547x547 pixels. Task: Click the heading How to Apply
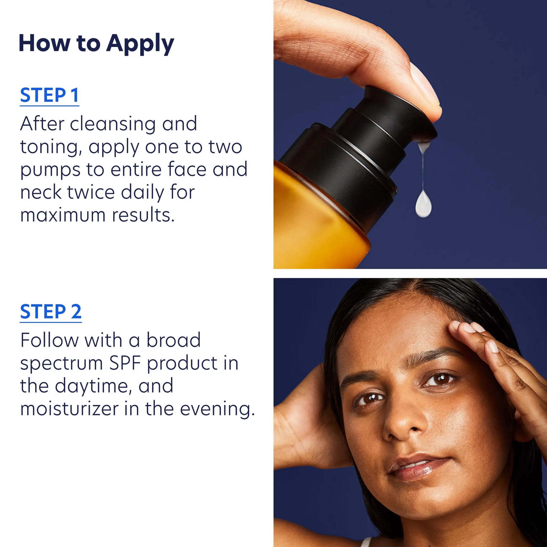pos(96,43)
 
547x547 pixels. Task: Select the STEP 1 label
pos(49,95)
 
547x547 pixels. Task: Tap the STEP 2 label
pos(51,312)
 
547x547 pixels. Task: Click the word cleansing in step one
pos(113,124)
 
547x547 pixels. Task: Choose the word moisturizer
pos(69,409)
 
